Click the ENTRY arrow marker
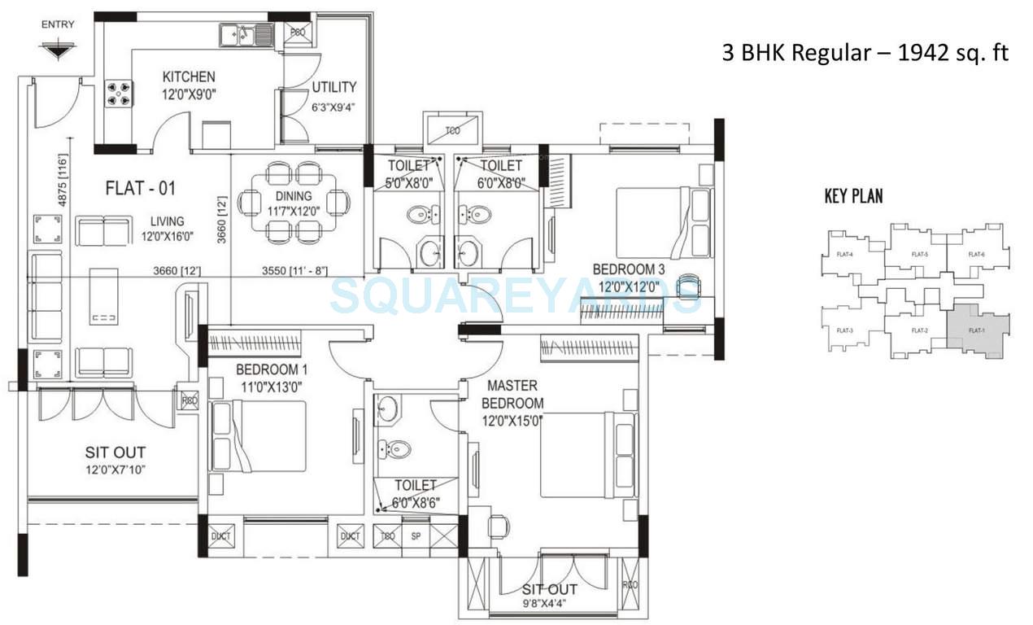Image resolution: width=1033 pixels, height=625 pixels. (x=55, y=50)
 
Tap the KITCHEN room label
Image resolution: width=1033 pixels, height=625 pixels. (x=189, y=77)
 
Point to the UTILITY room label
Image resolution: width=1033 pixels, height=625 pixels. (x=333, y=87)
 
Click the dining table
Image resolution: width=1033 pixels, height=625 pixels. (x=294, y=202)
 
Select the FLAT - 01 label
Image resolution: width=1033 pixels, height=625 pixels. (x=141, y=189)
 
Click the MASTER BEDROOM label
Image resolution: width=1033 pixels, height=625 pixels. (x=512, y=393)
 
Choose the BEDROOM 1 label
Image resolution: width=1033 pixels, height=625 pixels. (x=254, y=369)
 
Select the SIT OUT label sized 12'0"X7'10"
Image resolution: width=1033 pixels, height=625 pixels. (x=116, y=452)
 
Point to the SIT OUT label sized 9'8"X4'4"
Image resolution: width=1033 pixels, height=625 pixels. (x=550, y=589)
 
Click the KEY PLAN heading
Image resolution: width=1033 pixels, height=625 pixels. (x=853, y=195)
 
